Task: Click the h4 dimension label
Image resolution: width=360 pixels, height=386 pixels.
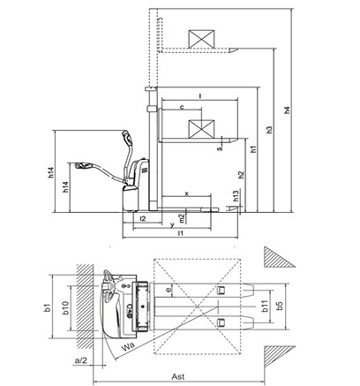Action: (288, 110)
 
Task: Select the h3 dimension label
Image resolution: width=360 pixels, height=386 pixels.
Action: (270, 130)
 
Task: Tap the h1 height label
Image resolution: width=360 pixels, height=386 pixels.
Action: (253, 149)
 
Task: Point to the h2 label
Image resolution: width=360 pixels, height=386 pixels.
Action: (241, 175)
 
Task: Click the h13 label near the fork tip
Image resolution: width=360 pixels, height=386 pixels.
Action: (236, 196)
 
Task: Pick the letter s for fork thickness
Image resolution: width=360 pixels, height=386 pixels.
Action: (220, 148)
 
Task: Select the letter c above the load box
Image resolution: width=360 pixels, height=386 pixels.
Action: (182, 107)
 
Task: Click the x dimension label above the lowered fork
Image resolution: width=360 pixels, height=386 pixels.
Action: (186, 193)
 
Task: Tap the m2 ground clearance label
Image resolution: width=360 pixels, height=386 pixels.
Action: (183, 218)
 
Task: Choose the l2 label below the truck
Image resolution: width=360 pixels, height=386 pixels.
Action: (143, 219)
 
